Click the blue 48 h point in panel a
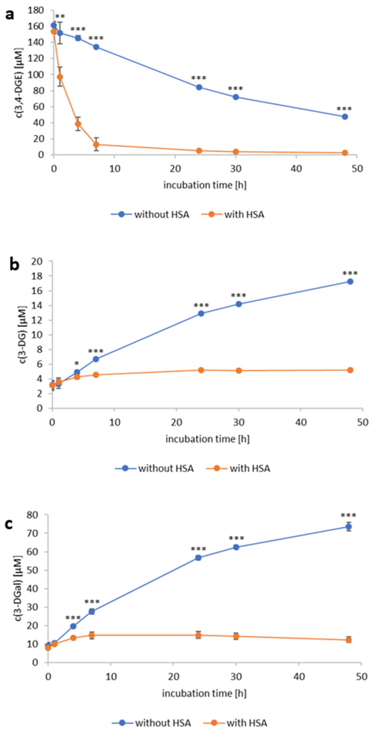click(x=345, y=117)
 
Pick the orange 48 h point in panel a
click(x=345, y=153)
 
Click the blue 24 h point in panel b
click(x=201, y=314)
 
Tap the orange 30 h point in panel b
click(x=239, y=370)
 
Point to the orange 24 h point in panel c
click(x=198, y=635)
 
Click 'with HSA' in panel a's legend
click(x=244, y=214)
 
